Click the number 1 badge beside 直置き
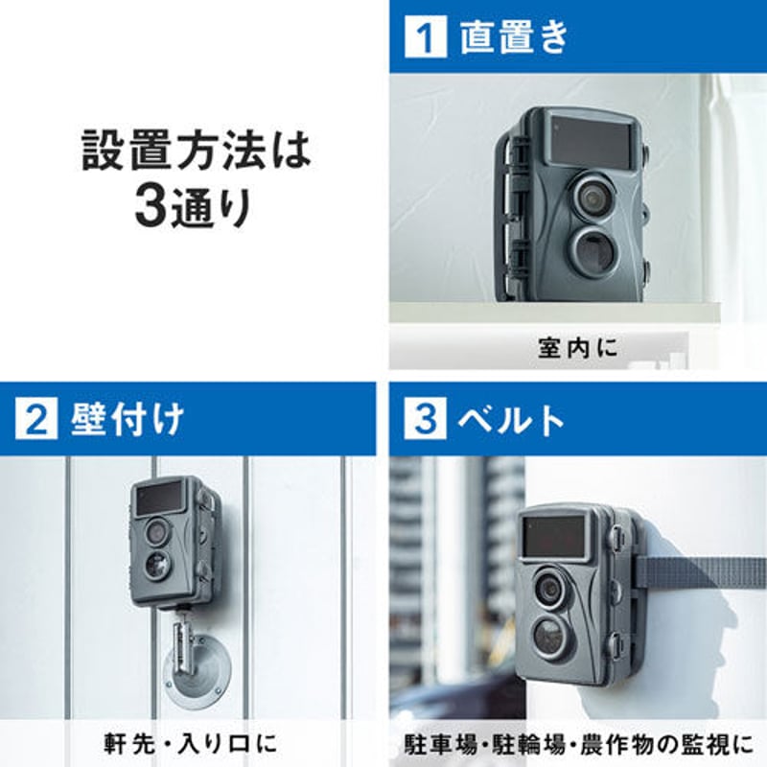tap(422, 37)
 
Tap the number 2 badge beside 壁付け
tap(35, 420)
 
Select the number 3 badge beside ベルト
tap(422, 420)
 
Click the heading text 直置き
tap(514, 37)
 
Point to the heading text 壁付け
tap(128, 420)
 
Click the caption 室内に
tap(579, 349)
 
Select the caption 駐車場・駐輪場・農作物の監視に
tap(578, 743)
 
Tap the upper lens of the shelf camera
tap(592, 195)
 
